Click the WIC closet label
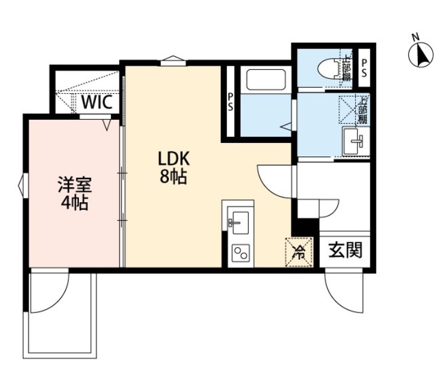point(97,101)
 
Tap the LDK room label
point(173,159)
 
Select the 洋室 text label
point(74,184)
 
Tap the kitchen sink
point(238,221)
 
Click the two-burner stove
point(240,254)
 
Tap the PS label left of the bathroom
point(229,103)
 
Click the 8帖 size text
point(173,176)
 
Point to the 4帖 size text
point(74,203)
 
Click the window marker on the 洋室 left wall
point(23,184)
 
